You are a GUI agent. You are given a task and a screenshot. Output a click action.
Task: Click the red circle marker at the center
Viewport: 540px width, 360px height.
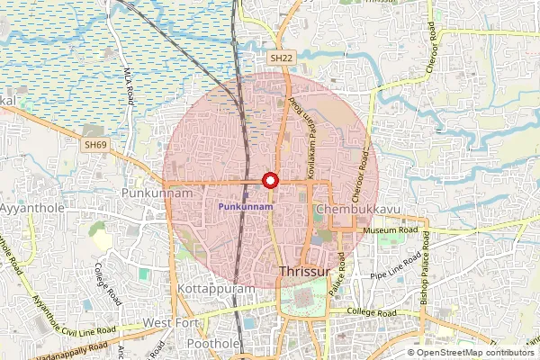click(268, 180)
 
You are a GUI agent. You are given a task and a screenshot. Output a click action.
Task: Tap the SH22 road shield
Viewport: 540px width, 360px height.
click(282, 58)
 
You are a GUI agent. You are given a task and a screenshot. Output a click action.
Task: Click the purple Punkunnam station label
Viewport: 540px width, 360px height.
click(247, 207)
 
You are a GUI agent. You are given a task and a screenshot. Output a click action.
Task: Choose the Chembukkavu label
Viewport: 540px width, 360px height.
click(358, 209)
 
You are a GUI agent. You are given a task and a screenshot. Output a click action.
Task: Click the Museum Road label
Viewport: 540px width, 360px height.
click(392, 230)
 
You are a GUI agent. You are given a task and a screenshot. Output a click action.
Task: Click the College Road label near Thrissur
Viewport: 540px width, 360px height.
click(373, 313)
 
